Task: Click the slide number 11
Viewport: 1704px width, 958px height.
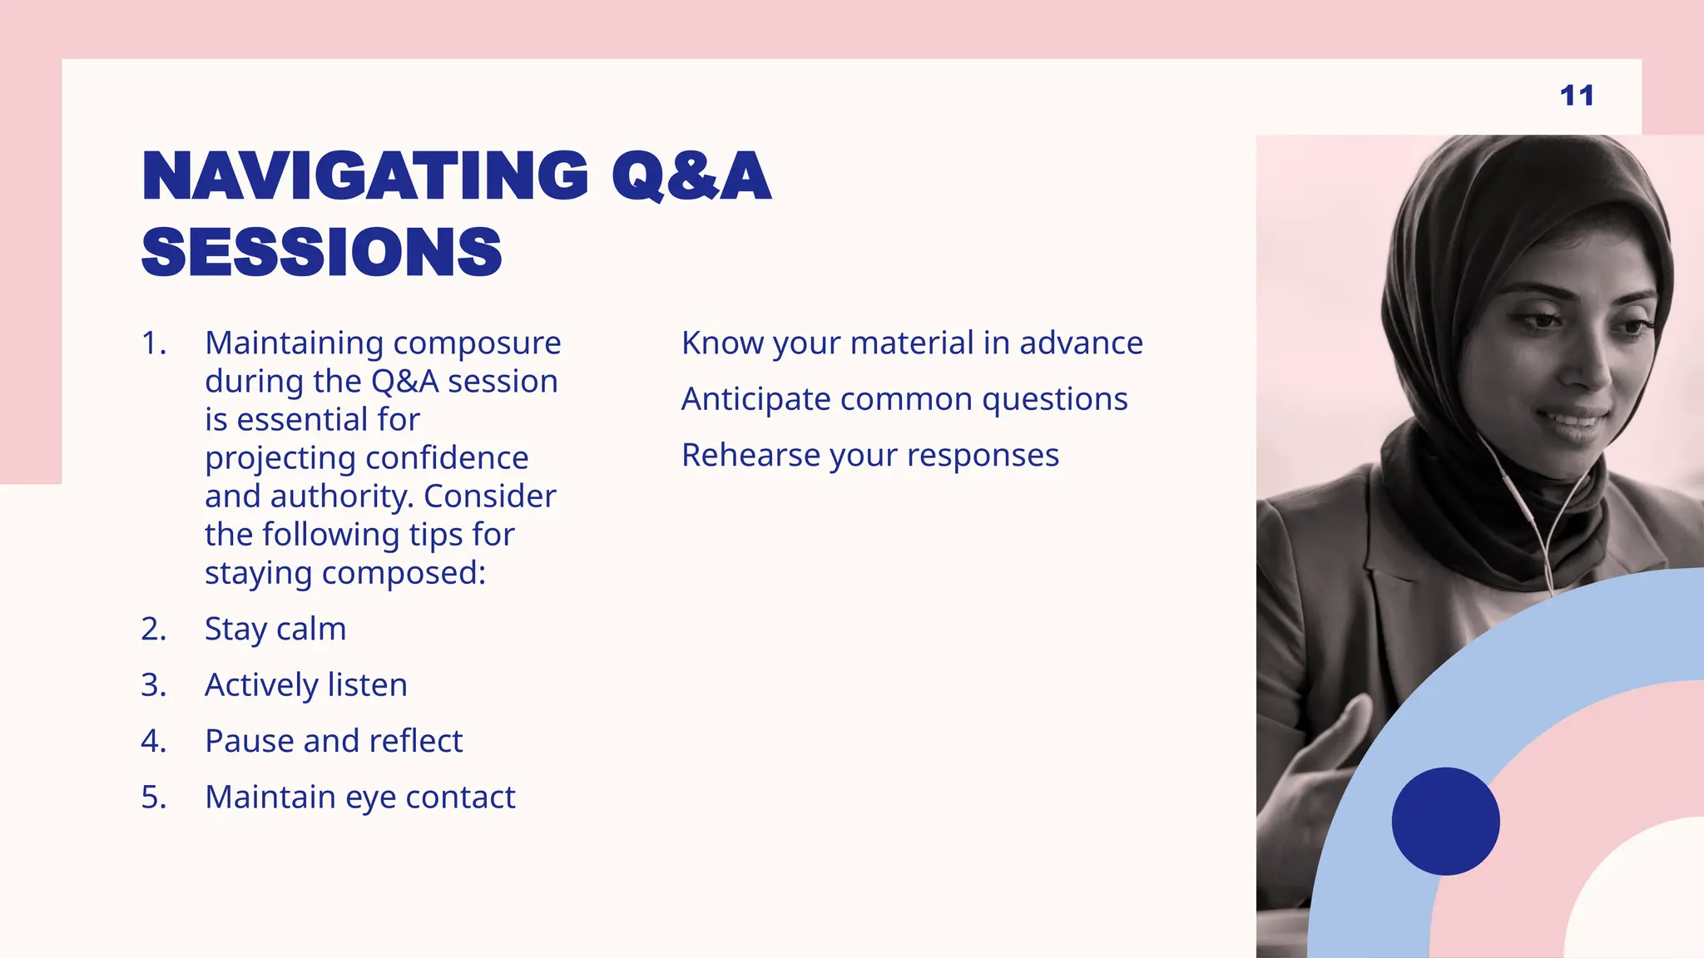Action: [x=1577, y=96]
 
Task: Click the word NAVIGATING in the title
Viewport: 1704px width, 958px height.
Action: [x=365, y=176]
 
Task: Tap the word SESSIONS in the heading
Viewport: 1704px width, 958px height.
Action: [x=322, y=253]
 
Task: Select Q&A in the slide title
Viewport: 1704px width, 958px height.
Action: [x=691, y=176]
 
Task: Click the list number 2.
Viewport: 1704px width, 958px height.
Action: [x=153, y=630]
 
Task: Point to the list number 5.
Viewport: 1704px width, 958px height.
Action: [x=153, y=798]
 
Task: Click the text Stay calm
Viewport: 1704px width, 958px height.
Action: [x=275, y=630]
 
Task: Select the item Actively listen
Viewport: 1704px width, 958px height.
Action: [x=306, y=685]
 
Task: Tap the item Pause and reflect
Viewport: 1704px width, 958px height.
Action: [x=334, y=741]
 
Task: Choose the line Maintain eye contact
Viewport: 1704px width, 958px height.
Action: [x=360, y=798]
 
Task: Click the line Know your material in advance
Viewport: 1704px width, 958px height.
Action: [x=912, y=343]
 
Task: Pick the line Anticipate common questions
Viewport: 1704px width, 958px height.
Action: [x=904, y=399]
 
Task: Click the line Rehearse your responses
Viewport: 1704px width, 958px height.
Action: [x=870, y=456]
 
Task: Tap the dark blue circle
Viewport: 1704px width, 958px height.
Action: [x=1445, y=821]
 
